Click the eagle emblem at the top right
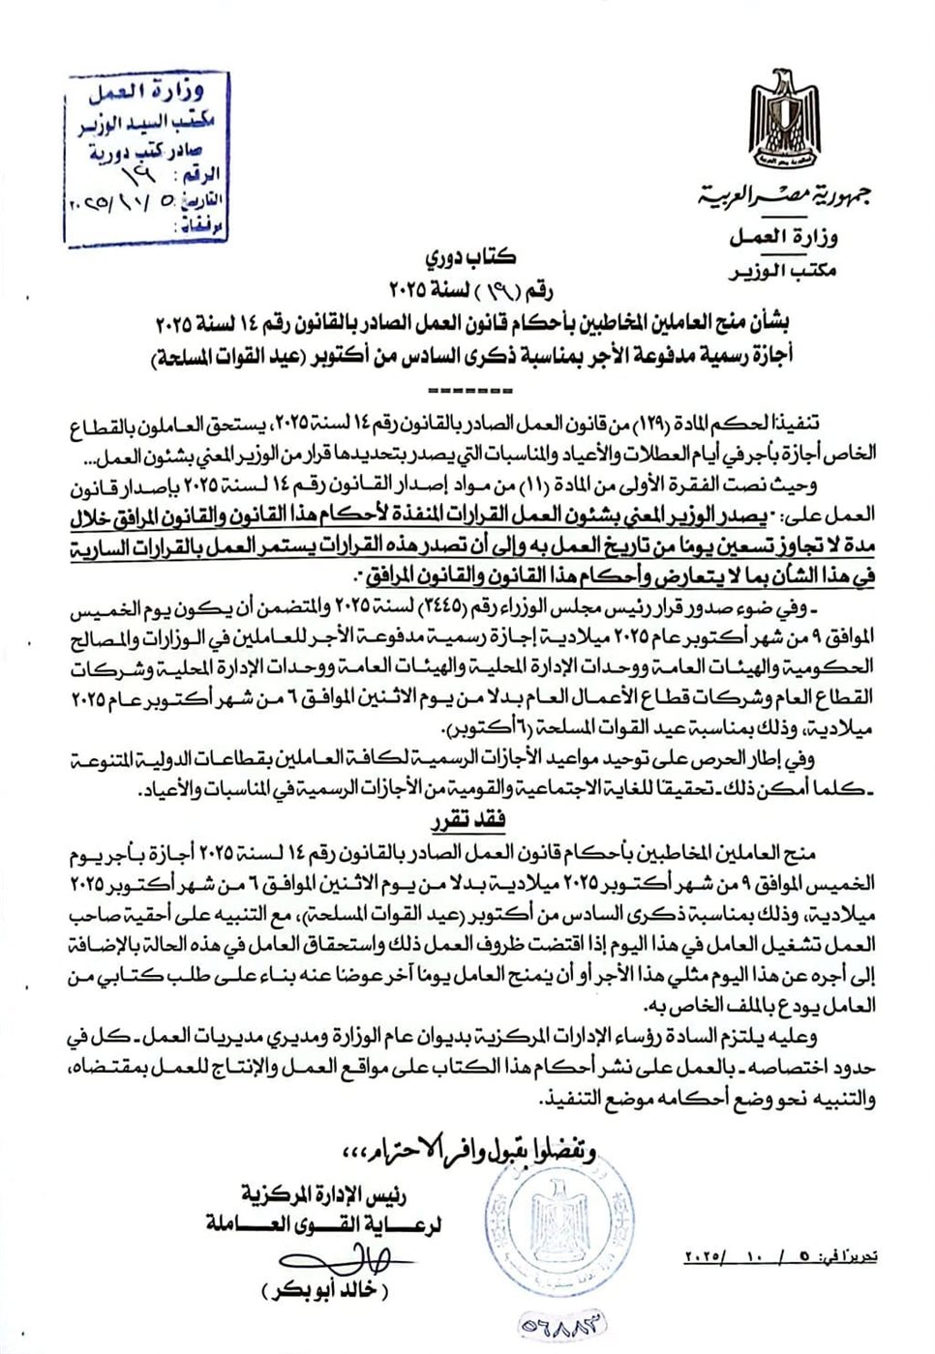pyautogui.click(x=783, y=118)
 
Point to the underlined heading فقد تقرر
pyautogui.click(x=468, y=821)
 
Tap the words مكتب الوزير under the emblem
pyautogui.click(x=782, y=271)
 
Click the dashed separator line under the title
pyautogui.click(x=468, y=391)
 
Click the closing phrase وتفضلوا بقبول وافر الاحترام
pyautogui.click(x=469, y=1150)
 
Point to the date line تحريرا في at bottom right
pyautogui.click(x=780, y=1257)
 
